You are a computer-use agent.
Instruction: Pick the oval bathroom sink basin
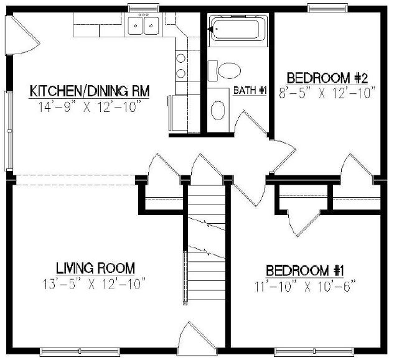(x=218, y=110)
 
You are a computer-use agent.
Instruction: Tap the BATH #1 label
(x=250, y=91)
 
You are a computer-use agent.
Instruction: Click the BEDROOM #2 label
(x=328, y=78)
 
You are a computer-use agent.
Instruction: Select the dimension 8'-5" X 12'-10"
(x=328, y=93)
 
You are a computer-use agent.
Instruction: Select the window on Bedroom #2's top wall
(x=327, y=8)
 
